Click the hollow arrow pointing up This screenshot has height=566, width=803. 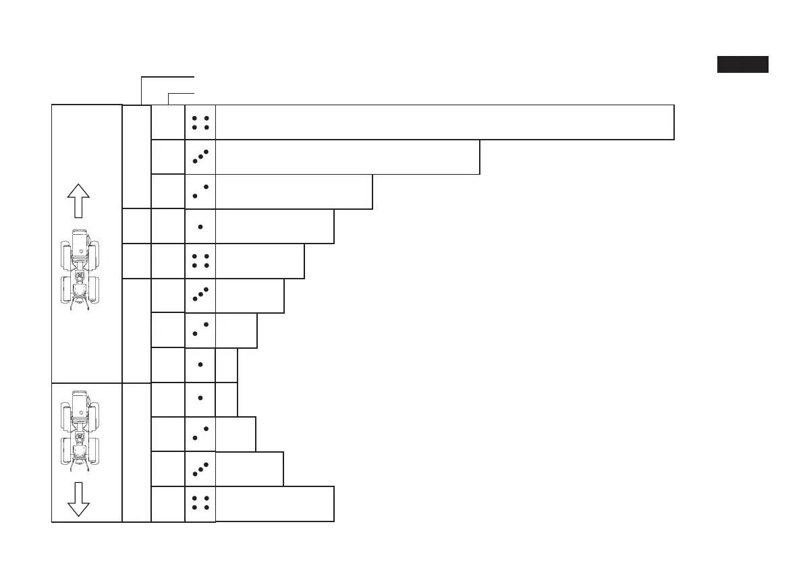[79, 200]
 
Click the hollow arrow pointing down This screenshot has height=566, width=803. [79, 499]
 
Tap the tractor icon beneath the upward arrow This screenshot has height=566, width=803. [80, 270]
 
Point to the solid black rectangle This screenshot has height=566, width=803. [742, 65]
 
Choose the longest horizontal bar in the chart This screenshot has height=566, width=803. [445, 122]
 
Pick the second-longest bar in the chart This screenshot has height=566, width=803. [348, 157]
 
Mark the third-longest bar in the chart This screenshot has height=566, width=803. [294, 192]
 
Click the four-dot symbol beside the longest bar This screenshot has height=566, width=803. [200, 122]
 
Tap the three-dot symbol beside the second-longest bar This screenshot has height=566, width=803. [200, 157]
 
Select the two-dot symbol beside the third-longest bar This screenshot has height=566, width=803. [200, 192]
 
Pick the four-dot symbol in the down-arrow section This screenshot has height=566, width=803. [200, 503]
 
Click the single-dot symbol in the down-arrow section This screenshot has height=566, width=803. [200, 399]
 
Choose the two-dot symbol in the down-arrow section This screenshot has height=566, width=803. [200, 434]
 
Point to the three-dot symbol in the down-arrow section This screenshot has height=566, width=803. [200, 469]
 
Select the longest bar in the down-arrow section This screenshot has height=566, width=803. [275, 503]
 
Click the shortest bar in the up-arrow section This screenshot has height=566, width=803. [227, 364]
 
